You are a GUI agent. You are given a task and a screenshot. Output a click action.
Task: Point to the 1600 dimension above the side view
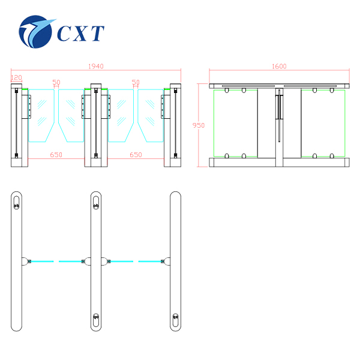[279, 67]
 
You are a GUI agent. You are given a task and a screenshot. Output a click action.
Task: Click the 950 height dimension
[199, 125]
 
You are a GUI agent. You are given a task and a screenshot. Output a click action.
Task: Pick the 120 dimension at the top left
[16, 77]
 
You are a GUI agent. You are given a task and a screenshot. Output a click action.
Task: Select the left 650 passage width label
[56, 155]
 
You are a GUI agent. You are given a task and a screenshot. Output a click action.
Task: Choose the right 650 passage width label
[136, 155]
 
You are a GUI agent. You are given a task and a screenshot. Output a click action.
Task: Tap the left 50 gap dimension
[56, 82]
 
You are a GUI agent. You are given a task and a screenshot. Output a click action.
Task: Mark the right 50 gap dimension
[136, 82]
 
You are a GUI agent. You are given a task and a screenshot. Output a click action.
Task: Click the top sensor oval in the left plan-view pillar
[16, 204]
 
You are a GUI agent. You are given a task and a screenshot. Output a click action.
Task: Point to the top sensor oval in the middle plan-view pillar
[96, 204]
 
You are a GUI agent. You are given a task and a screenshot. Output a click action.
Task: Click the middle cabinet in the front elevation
[96, 125]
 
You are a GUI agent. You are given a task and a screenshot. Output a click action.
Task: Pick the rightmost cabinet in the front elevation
[175, 125]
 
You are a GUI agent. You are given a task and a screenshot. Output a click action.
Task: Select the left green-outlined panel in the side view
[236, 123]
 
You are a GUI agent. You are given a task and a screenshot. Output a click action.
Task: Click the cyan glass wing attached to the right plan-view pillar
[150, 261]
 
